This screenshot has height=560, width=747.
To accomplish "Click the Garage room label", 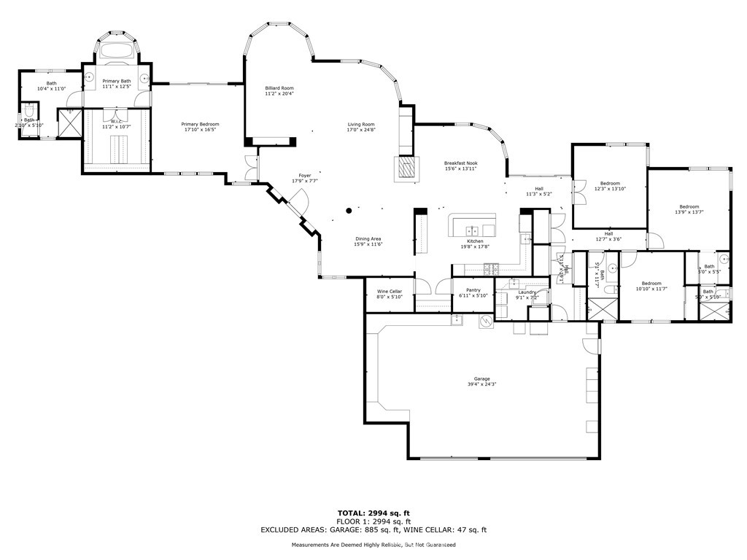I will tap(481, 378).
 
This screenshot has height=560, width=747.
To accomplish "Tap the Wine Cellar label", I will tap(390, 291).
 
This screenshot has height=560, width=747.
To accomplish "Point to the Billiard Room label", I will tap(279, 88).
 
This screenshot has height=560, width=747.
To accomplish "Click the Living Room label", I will tap(360, 125).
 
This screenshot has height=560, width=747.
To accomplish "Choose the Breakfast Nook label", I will tap(460, 163).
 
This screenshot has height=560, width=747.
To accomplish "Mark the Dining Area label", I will tap(368, 239).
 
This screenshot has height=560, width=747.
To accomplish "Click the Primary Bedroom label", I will tap(200, 125).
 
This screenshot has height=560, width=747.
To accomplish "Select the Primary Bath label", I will tap(116, 81).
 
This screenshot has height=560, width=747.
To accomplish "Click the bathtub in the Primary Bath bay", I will tap(116, 52).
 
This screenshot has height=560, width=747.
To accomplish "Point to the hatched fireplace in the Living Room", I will tap(407, 169).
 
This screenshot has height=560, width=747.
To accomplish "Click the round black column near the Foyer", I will tap(349, 211).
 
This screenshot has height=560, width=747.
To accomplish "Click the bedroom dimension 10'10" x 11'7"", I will tap(651, 289).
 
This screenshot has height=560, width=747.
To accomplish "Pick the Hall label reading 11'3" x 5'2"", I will tap(538, 194).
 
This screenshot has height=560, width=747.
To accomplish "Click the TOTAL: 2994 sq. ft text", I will tap(373, 513).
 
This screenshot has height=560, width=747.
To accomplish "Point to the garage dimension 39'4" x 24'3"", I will tap(481, 384).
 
